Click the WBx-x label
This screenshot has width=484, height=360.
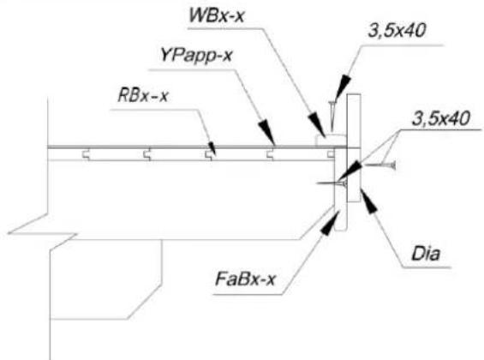tap(217, 15)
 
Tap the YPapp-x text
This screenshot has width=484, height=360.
tap(196, 57)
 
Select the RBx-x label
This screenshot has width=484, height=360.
tap(142, 96)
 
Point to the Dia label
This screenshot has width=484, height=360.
tap(426, 254)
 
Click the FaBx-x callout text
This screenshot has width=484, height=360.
tap(245, 279)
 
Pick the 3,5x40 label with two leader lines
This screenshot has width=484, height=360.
tap(441, 118)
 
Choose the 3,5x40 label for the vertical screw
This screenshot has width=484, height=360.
tap(397, 31)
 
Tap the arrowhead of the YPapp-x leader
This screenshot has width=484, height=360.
tap(267, 133)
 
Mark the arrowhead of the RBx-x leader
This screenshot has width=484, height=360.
tap(212, 148)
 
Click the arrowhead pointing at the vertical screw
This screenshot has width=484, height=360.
tap(343, 87)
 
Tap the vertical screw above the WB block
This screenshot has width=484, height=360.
tap(332, 116)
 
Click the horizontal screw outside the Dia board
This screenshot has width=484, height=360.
tap(380, 165)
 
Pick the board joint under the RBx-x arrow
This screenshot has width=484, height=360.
tap(210, 154)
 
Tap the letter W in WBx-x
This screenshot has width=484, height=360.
tap(198, 15)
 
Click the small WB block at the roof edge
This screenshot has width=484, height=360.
tap(331, 140)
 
